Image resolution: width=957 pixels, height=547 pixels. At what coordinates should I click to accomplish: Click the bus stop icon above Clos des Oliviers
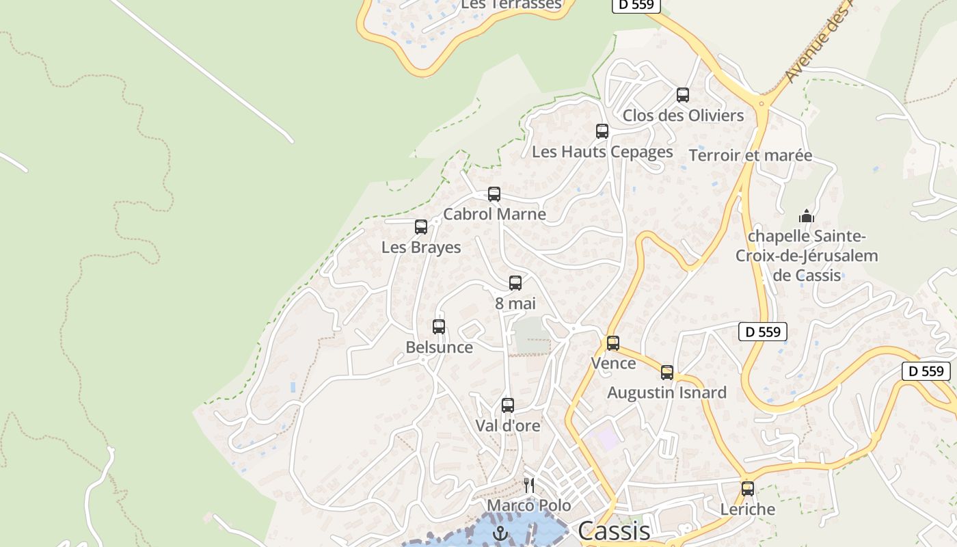point(682,95)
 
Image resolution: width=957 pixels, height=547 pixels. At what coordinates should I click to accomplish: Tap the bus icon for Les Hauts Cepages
point(602,131)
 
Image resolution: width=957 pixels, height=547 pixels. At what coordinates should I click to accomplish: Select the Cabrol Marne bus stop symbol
point(494,194)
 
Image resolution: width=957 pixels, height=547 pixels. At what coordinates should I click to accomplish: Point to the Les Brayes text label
point(421,248)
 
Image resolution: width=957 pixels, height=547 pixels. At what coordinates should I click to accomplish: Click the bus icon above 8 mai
point(515,283)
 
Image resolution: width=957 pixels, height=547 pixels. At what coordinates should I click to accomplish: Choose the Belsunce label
point(439,347)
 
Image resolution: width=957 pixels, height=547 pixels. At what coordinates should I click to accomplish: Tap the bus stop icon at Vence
point(612,343)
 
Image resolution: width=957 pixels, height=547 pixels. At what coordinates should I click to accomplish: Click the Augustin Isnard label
point(666,393)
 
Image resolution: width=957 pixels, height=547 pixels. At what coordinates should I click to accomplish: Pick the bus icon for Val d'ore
point(507,405)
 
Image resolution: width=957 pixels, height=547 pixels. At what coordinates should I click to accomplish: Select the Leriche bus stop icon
point(747,489)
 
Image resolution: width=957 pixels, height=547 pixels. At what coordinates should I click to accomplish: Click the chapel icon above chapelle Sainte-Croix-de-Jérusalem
point(807,217)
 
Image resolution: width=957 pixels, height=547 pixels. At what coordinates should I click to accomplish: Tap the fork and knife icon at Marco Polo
point(528,485)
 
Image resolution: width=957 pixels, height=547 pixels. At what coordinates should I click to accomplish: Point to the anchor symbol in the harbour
point(501,533)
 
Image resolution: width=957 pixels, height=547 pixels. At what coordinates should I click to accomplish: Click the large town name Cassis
point(614,531)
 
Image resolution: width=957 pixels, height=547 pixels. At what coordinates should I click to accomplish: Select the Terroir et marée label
point(751,155)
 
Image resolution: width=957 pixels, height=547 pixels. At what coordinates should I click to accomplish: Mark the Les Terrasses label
point(511,5)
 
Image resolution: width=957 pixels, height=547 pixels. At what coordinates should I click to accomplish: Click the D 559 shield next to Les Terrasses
point(636,5)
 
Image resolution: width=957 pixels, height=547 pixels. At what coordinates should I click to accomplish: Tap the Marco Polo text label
point(528,506)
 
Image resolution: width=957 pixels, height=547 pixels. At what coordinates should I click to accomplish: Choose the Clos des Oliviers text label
point(683,116)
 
